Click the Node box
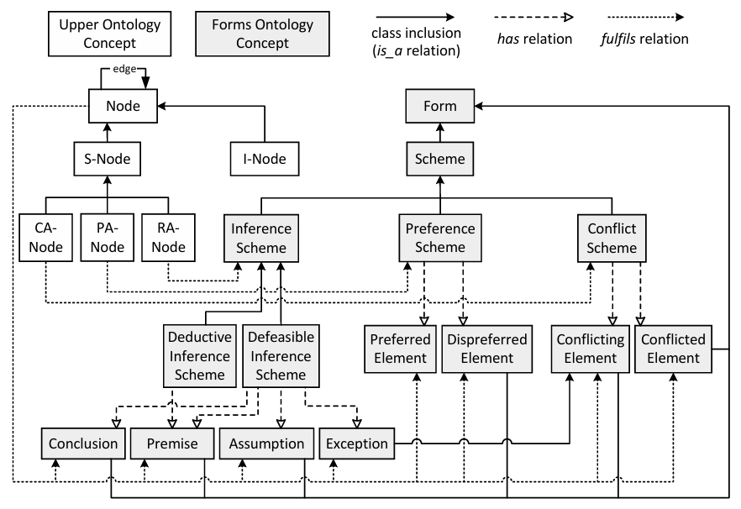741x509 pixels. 123,106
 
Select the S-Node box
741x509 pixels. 108,159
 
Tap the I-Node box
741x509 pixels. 265,159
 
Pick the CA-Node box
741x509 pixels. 46,238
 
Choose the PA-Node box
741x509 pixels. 108,238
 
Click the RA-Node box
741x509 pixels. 168,238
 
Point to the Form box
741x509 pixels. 440,106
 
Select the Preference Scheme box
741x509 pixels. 440,238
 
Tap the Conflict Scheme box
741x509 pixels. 612,238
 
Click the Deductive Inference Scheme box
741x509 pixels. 199,356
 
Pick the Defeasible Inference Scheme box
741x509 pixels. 281,356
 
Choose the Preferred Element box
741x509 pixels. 400,349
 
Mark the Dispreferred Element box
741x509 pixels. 487,349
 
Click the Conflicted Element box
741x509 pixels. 673,349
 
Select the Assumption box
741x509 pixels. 266,443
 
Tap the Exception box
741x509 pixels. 357,443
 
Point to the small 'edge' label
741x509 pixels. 124,69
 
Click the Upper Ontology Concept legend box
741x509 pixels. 109,34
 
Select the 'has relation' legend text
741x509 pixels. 534,39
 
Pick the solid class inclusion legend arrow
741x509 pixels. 415,18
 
